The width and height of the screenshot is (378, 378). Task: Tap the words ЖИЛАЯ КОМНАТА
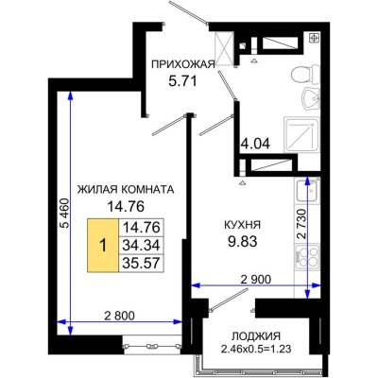126,189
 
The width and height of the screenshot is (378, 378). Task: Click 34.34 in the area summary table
138,243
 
